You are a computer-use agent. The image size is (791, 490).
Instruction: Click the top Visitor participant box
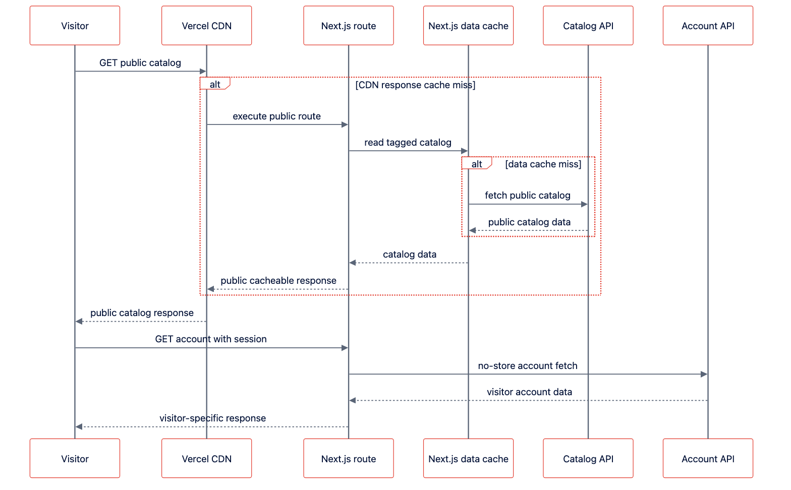click(75, 25)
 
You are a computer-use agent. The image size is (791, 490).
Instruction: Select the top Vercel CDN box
click(207, 25)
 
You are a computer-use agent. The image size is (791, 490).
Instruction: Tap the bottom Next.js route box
click(349, 458)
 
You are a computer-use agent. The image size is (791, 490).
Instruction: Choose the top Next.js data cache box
click(468, 25)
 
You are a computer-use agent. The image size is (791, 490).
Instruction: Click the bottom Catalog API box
click(588, 458)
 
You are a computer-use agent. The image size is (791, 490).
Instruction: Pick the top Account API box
click(708, 25)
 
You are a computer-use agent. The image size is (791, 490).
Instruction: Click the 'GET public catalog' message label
click(140, 63)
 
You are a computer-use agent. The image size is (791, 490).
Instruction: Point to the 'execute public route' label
click(276, 116)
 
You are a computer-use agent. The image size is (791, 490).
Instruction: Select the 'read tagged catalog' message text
click(408, 143)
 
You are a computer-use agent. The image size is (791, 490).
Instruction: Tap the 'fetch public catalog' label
click(528, 196)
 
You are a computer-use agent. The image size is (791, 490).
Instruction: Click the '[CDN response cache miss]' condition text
click(415, 85)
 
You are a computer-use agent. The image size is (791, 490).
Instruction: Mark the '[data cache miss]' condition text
click(543, 164)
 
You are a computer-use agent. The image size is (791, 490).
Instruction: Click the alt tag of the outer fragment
click(215, 84)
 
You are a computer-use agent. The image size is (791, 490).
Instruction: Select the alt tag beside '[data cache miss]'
click(477, 164)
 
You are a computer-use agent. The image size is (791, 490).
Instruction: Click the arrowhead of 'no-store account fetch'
click(704, 374)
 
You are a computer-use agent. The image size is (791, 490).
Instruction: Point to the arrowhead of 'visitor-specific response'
click(79, 427)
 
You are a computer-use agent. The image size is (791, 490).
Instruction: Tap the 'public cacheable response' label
click(278, 281)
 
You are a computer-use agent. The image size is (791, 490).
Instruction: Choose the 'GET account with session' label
click(211, 339)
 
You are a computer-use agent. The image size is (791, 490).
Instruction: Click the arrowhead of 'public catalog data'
click(473, 230)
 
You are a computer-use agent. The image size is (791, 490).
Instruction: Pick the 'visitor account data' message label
click(529, 392)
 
